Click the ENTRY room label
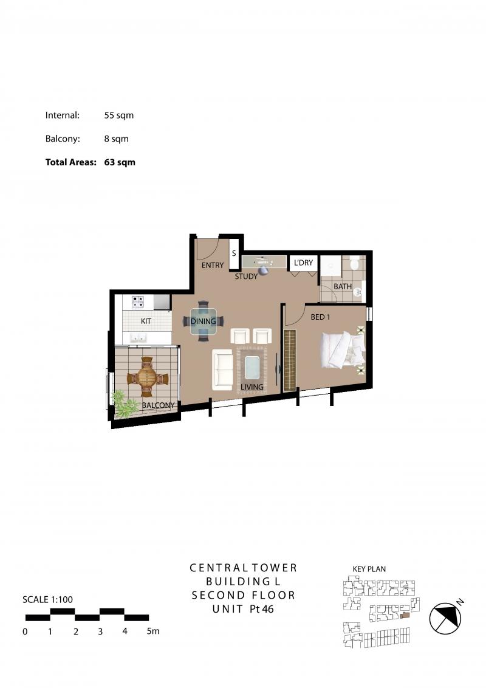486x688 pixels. [212, 265]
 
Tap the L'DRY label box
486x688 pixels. [303, 263]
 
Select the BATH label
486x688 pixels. [343, 286]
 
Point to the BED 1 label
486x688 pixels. [320, 317]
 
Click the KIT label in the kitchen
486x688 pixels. [146, 321]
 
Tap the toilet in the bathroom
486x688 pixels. [354, 264]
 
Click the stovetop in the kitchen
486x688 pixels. [138, 301]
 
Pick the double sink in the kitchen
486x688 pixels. [138, 337]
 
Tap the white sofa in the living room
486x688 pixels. [222, 370]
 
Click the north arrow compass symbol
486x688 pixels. [445, 618]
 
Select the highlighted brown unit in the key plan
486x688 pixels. [405, 615]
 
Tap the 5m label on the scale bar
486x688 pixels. [153, 631]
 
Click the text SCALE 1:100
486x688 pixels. [48, 599]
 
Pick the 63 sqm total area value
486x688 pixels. [120, 162]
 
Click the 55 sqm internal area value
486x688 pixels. [119, 115]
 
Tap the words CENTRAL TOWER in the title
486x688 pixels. [244, 568]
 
